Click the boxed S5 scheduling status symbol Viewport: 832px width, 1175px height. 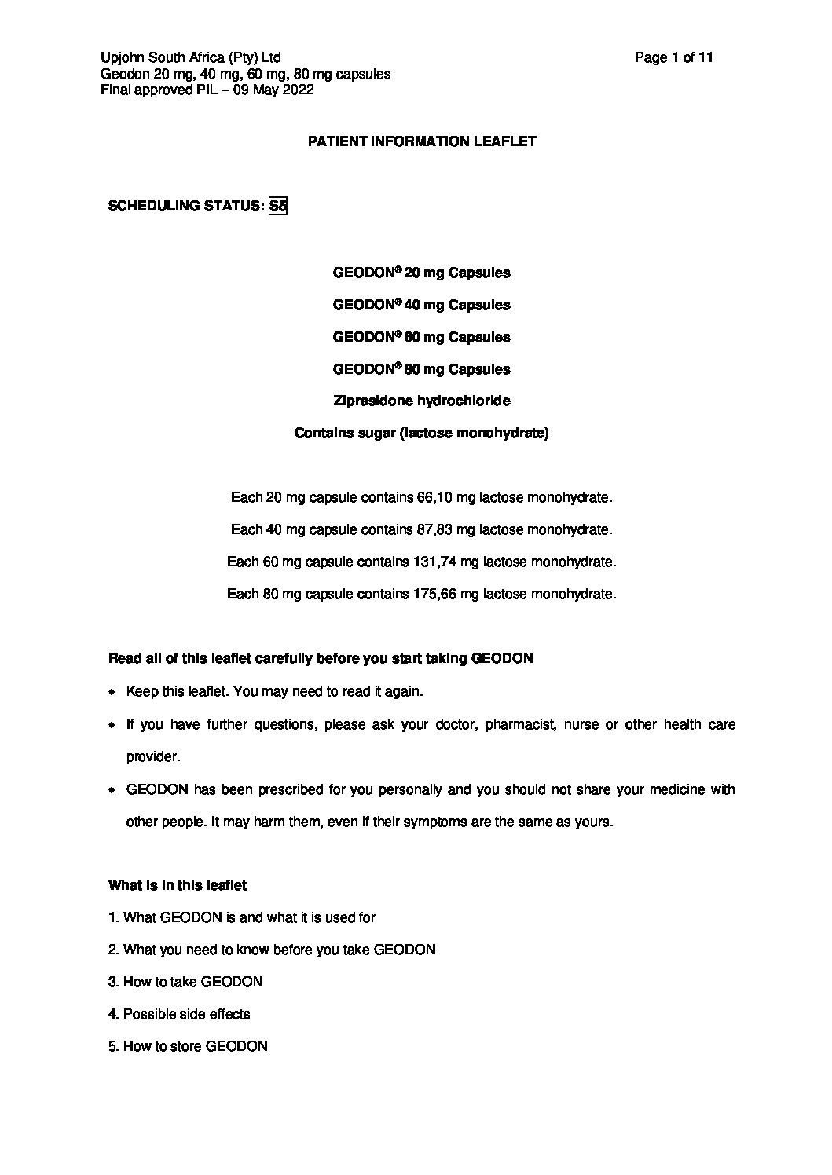click(277, 207)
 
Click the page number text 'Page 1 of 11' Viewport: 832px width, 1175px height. click(673, 57)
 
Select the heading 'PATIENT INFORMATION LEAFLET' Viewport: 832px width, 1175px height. click(422, 141)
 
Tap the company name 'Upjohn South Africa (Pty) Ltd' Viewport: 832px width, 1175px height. click(191, 57)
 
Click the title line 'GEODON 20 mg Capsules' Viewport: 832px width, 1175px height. click(421, 273)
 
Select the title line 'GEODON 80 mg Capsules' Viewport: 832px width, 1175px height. click(421, 369)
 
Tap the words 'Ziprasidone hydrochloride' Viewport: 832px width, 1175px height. click(421, 401)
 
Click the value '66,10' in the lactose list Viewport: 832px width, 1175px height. click(432, 498)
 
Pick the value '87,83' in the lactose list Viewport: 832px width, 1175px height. click(432, 530)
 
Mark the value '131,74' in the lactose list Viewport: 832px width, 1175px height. click(434, 562)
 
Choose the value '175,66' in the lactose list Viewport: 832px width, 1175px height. click(434, 595)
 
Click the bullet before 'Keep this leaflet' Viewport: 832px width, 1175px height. click(113, 692)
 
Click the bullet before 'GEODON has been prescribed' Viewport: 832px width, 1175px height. click(113, 789)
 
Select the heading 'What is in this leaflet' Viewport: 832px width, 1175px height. click(178, 885)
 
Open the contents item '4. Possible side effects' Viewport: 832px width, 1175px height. click(179, 1014)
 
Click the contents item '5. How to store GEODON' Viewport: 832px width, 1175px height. click(188, 1046)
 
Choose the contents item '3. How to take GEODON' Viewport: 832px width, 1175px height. click(185, 982)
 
